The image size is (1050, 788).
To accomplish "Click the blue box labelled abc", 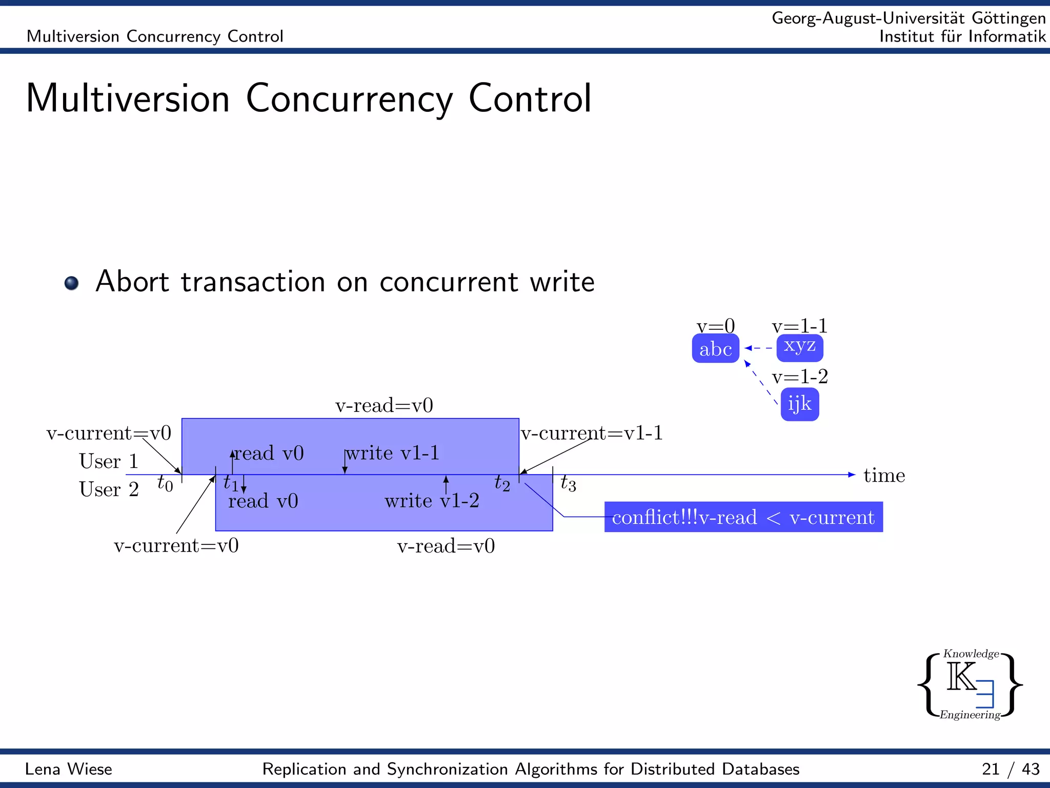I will point(715,349).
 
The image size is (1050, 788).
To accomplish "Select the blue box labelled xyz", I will point(799,347).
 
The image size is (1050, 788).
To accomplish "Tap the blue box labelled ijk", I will point(799,404).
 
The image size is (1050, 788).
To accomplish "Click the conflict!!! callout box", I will point(743,517).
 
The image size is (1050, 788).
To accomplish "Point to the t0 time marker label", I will point(165,483).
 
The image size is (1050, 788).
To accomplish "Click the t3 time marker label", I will point(568,483).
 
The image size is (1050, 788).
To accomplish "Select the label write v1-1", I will point(392,453).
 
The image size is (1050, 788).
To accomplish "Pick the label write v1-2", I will point(432,501).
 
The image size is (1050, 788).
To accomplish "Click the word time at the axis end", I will point(884,476).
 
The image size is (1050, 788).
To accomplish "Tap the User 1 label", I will point(109,461).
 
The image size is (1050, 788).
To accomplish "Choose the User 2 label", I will point(109,489).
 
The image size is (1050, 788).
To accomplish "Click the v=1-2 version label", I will point(799,377).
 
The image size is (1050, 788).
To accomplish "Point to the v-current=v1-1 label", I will point(592,434).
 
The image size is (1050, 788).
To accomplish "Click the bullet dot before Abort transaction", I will point(72,283).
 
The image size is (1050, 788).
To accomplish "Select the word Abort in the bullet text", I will point(132,282).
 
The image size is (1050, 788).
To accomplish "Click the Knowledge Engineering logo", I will point(970,684).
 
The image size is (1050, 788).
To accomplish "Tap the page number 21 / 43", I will point(1011,769).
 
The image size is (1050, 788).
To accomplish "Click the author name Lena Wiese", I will point(69,769).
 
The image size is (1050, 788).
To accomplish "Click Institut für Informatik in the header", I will point(962,36).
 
